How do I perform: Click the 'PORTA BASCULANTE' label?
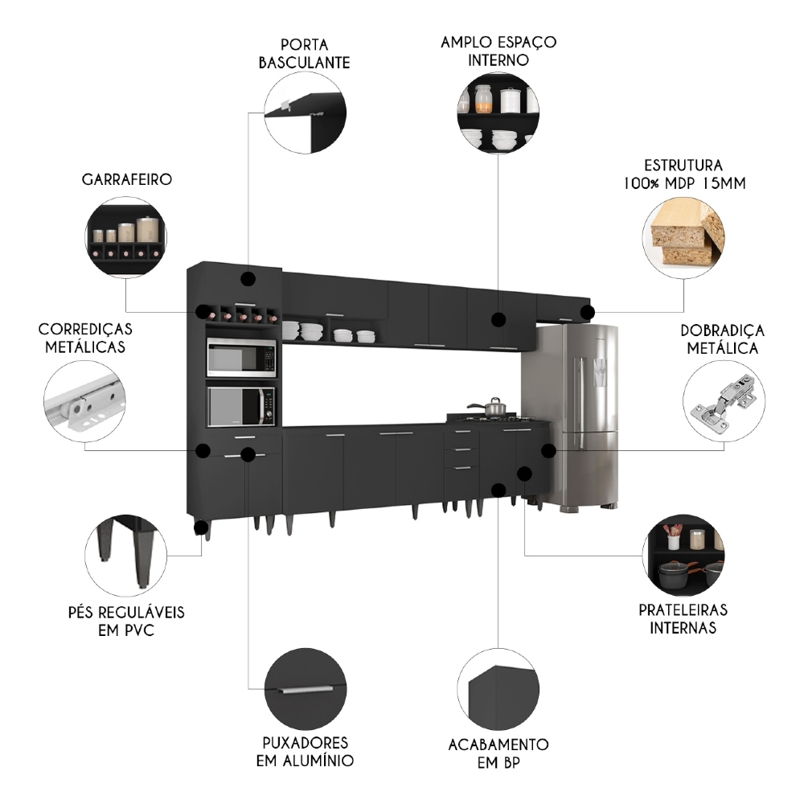[x=305, y=53]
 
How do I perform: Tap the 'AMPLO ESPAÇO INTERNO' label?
[x=498, y=51]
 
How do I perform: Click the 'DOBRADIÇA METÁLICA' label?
[x=723, y=339]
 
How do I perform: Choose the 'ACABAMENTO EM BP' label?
[x=498, y=753]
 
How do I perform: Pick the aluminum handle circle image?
[x=305, y=689]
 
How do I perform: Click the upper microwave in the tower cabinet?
[x=241, y=358]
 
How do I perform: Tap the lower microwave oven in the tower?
[x=241, y=406]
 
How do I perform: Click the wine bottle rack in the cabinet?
[x=239, y=314]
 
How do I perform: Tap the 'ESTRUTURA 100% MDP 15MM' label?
[x=683, y=174]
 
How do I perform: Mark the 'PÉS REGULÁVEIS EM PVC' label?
[x=126, y=621]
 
